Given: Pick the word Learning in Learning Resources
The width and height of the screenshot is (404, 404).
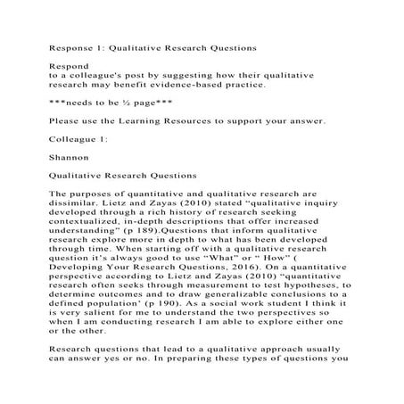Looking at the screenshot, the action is [155, 120].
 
